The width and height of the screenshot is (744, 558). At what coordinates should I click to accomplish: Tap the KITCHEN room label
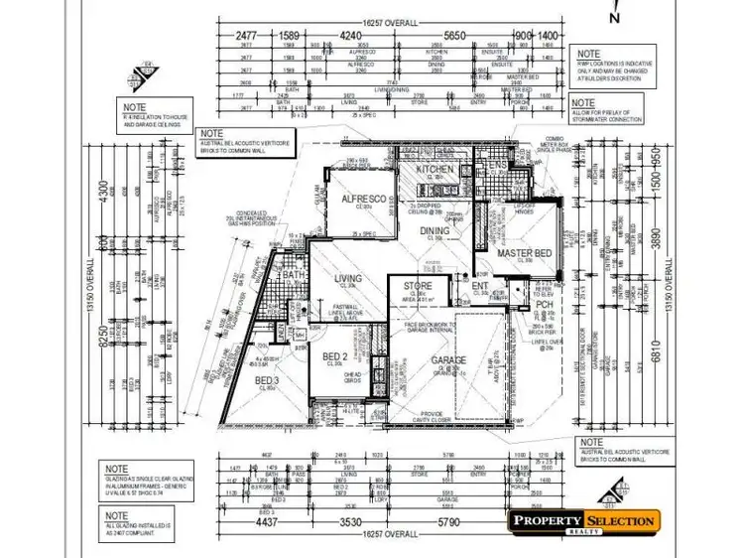(x=434, y=170)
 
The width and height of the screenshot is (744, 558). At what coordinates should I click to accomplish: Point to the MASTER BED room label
(x=524, y=254)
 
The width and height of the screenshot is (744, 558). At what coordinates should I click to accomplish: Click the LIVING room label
(x=347, y=279)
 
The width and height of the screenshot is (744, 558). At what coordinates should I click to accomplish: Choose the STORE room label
(x=418, y=287)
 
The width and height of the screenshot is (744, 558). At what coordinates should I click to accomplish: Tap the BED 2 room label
(x=333, y=357)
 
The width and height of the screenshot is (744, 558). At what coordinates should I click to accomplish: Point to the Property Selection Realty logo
(x=582, y=523)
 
